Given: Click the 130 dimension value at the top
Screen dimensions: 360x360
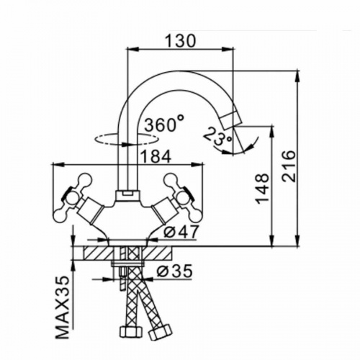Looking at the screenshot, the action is coord(181,40).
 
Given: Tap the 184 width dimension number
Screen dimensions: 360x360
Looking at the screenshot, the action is coord(156,157).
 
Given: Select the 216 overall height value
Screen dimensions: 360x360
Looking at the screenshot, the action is coord(288,166).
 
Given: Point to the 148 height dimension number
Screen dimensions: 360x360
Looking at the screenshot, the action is coord(262,189).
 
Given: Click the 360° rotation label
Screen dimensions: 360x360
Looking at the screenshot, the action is coord(165,124).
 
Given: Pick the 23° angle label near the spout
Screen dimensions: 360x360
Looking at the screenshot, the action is coord(217,137).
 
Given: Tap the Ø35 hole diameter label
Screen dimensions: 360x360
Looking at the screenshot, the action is coord(175,271).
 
